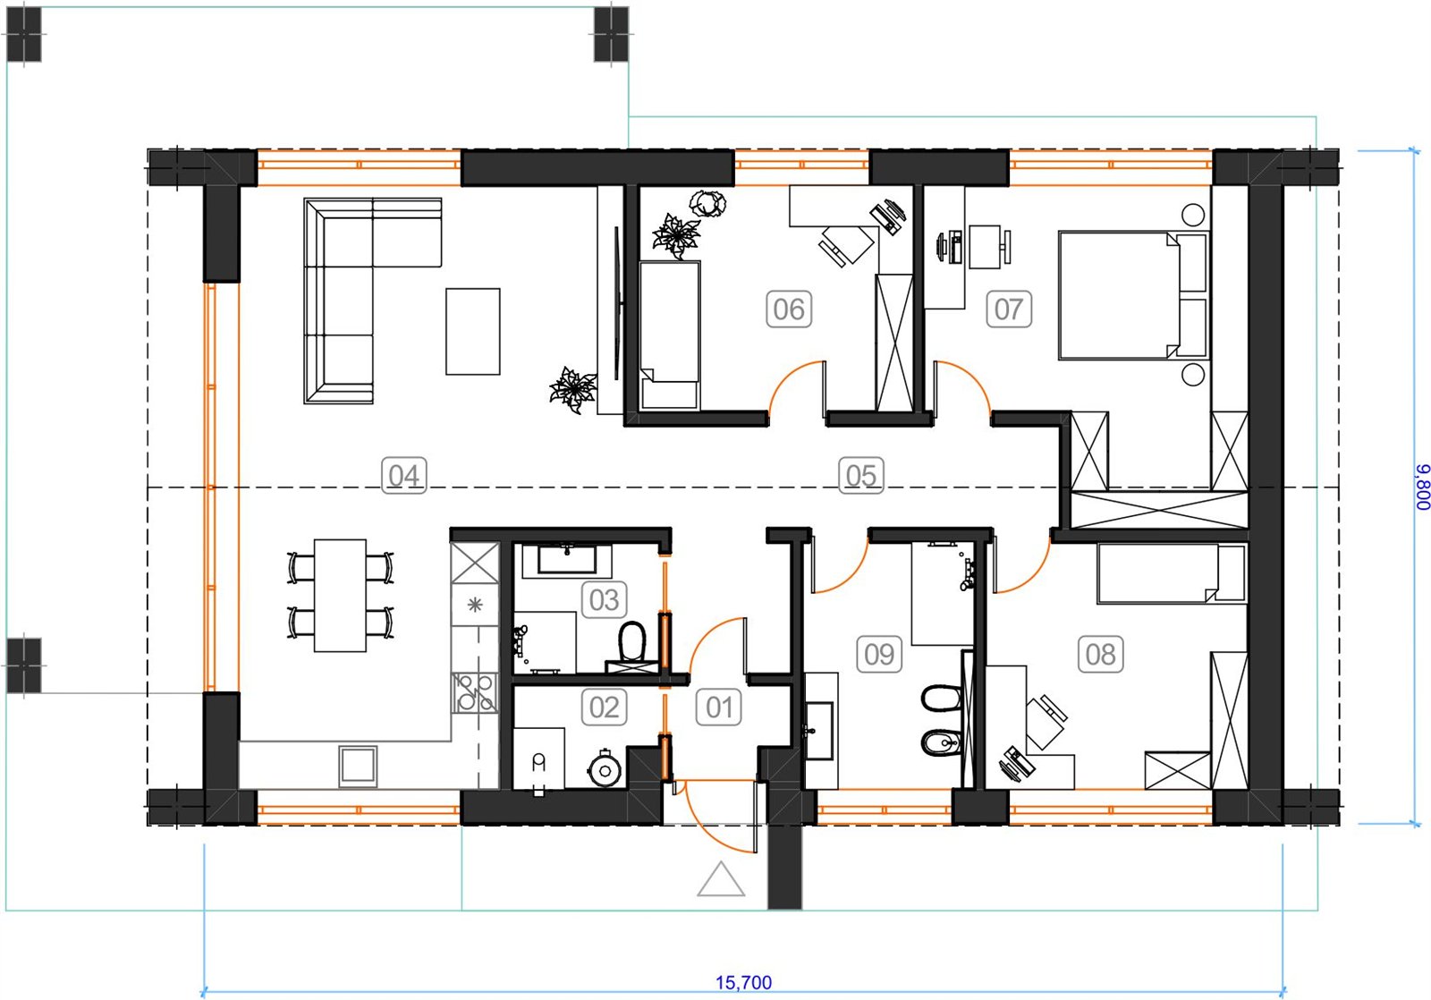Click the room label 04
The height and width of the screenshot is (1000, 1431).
point(403,475)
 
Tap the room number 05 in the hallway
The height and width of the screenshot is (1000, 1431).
point(860,475)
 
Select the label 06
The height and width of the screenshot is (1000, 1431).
point(789,309)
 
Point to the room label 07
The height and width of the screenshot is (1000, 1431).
point(1009,309)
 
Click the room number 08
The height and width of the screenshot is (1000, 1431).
point(1100,655)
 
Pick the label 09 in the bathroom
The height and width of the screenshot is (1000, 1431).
point(879,655)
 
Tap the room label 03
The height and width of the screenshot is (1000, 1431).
point(604,600)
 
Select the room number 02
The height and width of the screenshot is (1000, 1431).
point(604,708)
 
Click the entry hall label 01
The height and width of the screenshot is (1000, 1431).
point(719,708)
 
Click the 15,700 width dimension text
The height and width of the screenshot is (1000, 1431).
point(743,982)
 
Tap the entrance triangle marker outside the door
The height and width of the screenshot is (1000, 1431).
point(721,880)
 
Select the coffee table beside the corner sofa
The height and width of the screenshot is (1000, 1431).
point(473,331)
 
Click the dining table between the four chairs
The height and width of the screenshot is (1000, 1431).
point(340,596)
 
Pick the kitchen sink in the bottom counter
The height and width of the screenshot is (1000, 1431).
point(358,765)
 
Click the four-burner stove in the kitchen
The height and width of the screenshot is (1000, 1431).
point(475,692)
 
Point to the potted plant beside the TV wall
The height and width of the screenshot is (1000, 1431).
point(573,389)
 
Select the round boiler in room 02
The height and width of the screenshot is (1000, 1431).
point(604,770)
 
